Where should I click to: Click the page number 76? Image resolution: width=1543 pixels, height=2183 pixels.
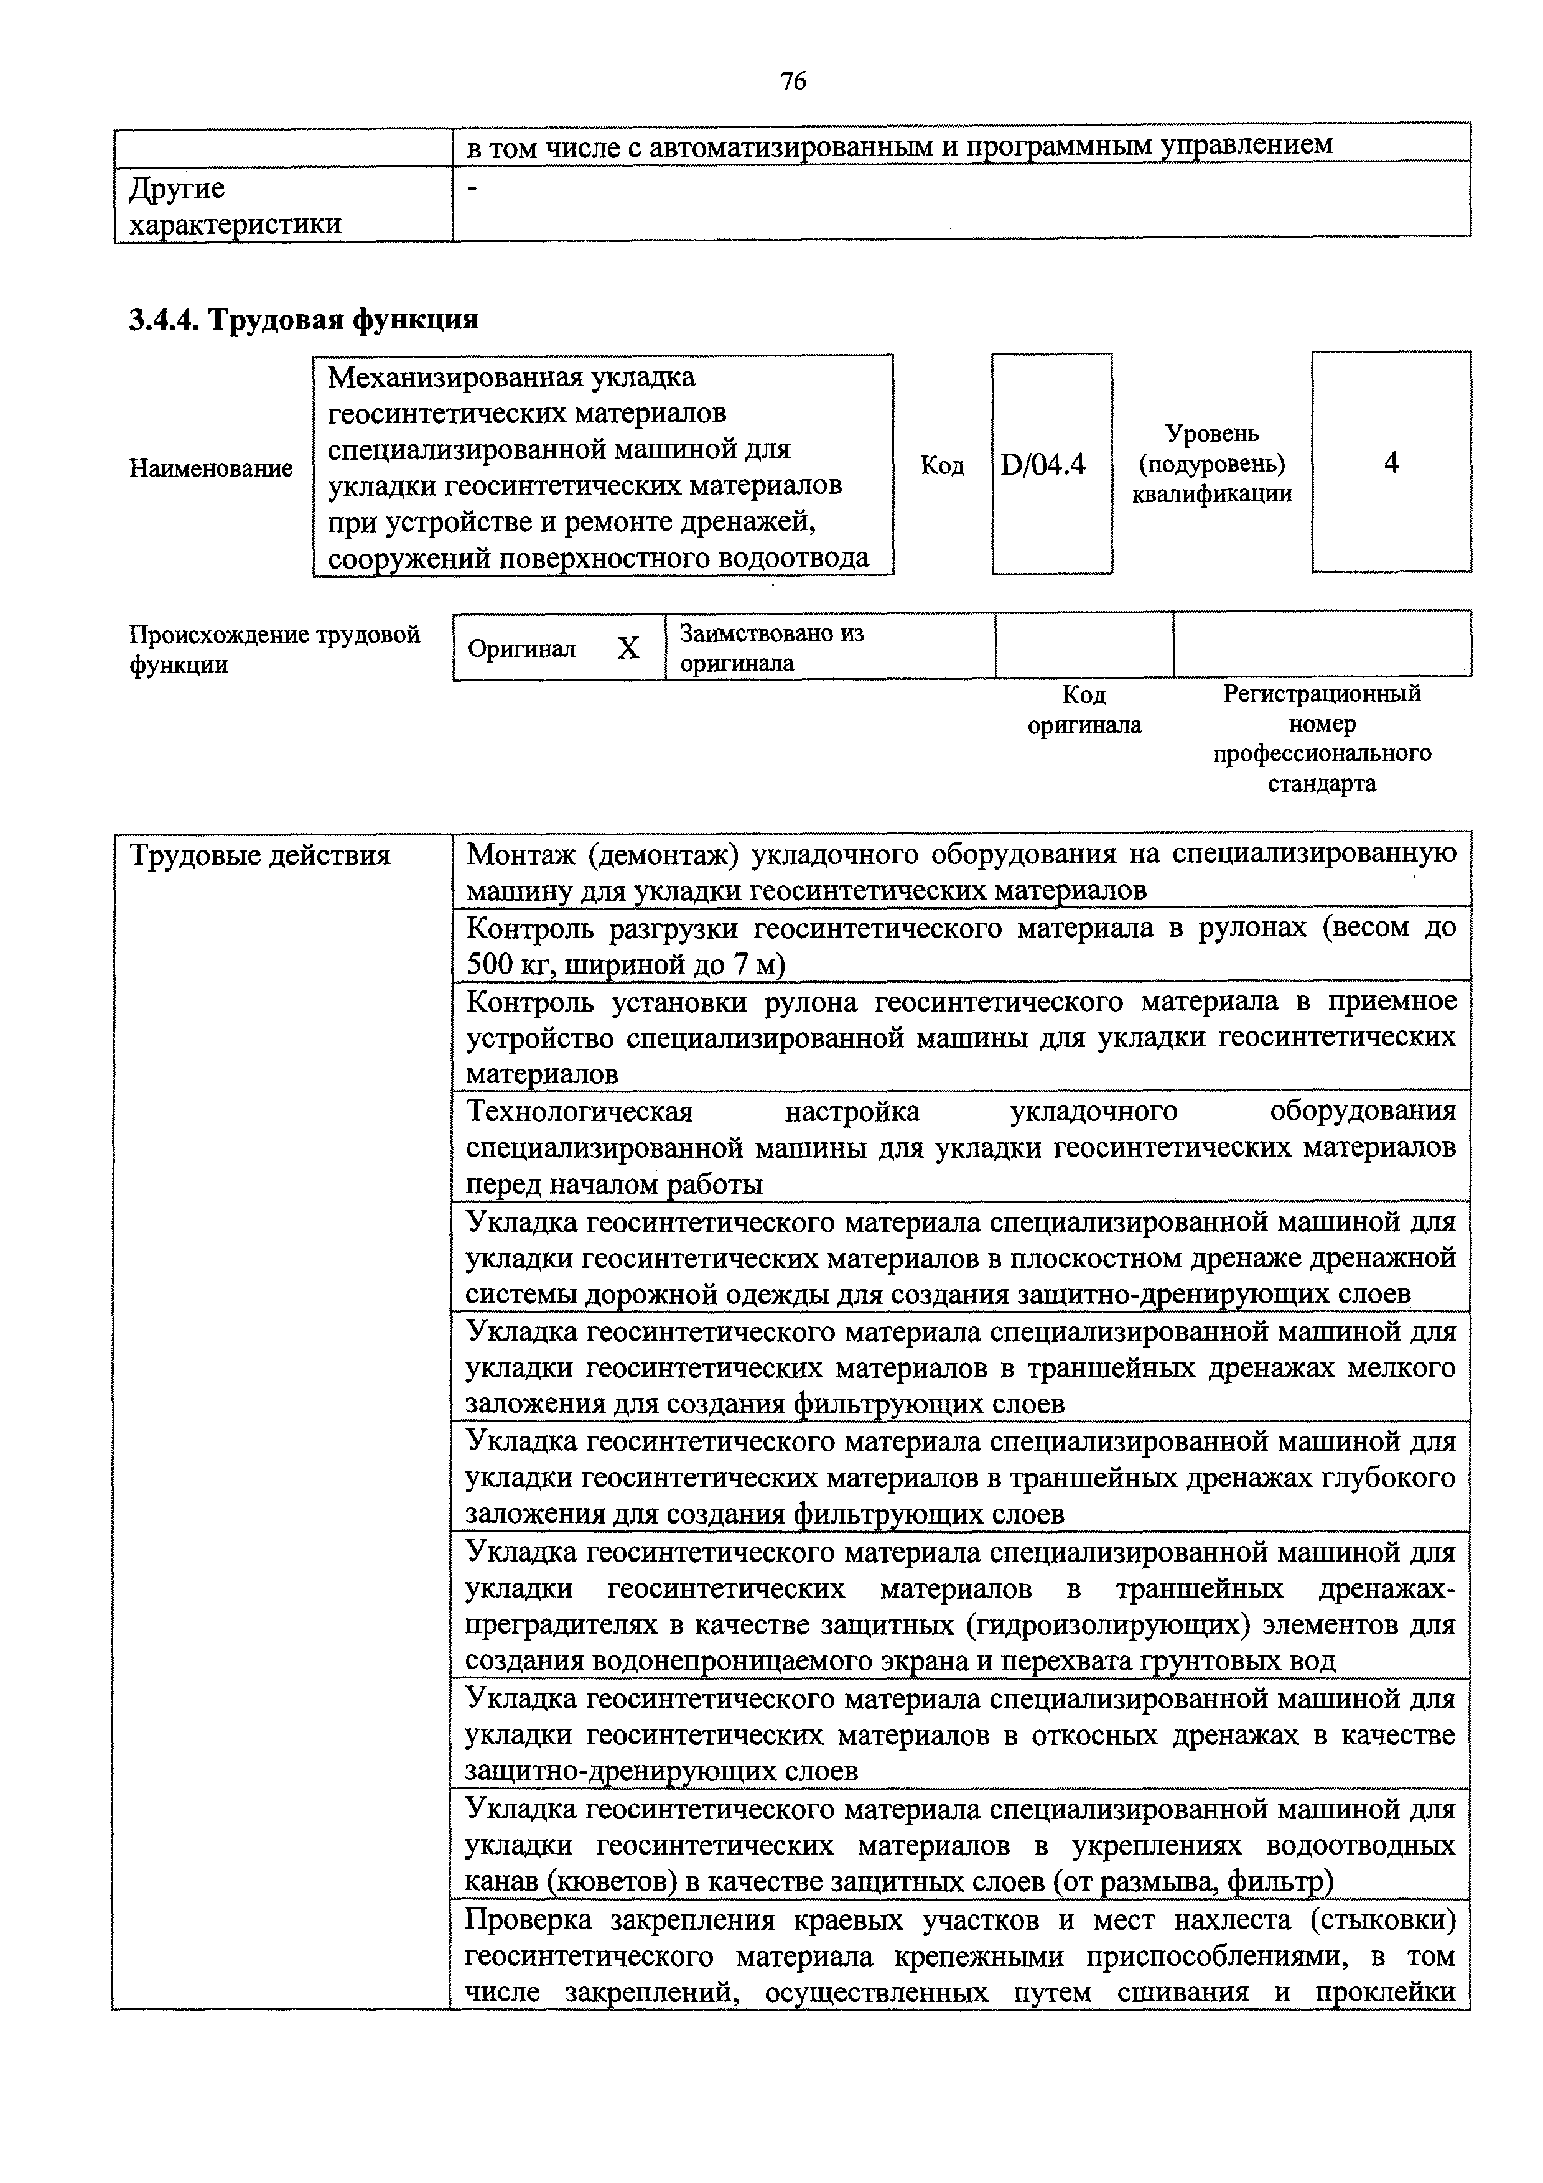[793, 81]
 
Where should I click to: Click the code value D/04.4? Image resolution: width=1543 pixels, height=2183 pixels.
[1043, 465]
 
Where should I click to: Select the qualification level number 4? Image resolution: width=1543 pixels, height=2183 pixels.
[1391, 463]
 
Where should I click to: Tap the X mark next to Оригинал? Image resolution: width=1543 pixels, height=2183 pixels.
[628, 648]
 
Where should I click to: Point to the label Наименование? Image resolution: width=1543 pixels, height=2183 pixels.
[211, 468]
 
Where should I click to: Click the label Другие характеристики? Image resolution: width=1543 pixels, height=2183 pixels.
[234, 207]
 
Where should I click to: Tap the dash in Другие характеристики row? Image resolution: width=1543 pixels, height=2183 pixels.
[472, 189]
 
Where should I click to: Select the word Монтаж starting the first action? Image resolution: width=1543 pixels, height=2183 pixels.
[519, 855]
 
